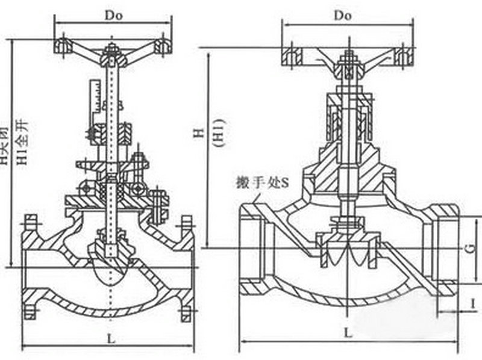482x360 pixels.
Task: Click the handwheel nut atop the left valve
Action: point(111,50)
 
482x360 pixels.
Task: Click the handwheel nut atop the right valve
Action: point(348,59)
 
